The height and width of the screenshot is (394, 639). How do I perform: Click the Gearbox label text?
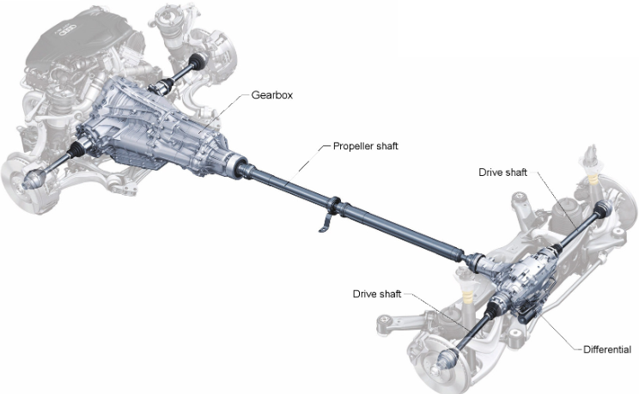[x=271, y=95]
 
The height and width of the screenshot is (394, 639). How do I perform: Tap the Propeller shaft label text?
[x=366, y=146]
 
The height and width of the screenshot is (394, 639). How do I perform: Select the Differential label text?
[x=607, y=349]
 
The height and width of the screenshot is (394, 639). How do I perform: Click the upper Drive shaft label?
[x=503, y=173]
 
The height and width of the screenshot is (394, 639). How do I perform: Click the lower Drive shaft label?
[x=377, y=294]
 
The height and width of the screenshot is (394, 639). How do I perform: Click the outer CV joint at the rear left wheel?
[x=447, y=360]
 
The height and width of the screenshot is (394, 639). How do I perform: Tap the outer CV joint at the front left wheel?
[x=37, y=177]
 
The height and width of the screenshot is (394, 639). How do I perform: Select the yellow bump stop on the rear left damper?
[x=469, y=299]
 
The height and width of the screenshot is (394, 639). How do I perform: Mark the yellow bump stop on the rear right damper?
[x=593, y=179]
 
